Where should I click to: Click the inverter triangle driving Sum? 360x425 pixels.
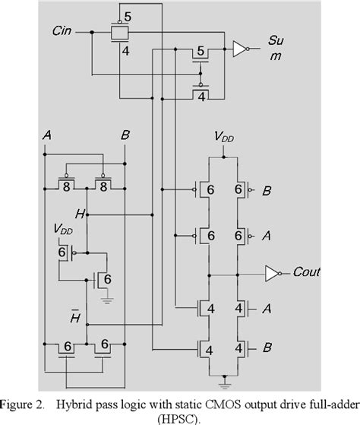[x=240, y=49]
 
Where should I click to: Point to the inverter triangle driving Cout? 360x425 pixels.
[x=270, y=272]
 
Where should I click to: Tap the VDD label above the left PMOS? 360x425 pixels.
[x=64, y=228]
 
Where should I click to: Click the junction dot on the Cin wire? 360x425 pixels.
[x=91, y=33]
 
